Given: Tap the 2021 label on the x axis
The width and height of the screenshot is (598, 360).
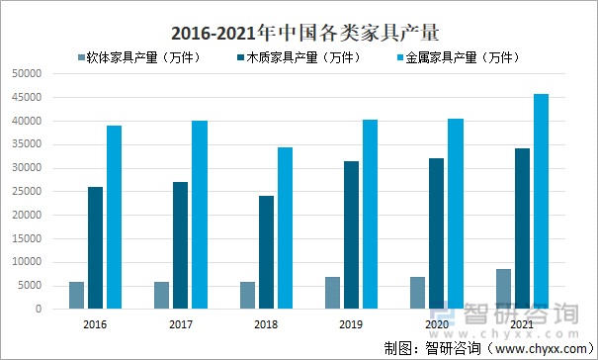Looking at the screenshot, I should click(523, 323).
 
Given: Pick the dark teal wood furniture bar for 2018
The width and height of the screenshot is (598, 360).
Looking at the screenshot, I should click(267, 252).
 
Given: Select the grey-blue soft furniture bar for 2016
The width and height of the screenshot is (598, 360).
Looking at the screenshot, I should click(76, 296).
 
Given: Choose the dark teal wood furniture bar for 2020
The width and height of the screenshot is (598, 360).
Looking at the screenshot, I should click(437, 233).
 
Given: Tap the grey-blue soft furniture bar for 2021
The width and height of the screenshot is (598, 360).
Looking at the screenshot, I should click(504, 289).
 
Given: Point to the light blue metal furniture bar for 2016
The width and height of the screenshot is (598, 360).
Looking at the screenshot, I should click(115, 218).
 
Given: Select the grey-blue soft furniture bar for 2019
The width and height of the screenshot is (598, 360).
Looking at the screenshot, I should click(333, 293).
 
